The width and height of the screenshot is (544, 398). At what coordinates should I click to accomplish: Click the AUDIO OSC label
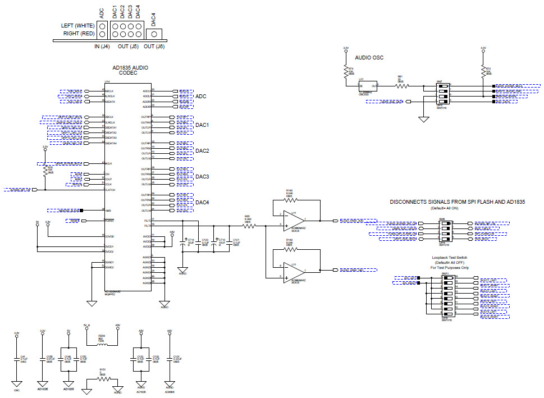point(369,57)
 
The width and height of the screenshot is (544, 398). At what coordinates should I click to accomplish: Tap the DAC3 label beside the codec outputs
point(202,177)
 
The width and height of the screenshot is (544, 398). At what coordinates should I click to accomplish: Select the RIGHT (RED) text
point(79,34)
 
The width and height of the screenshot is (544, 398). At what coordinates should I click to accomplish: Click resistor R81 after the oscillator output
point(400,85)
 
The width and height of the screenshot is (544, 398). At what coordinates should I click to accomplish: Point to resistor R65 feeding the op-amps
point(248,226)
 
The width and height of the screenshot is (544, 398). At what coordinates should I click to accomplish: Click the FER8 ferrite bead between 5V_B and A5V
point(102,344)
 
